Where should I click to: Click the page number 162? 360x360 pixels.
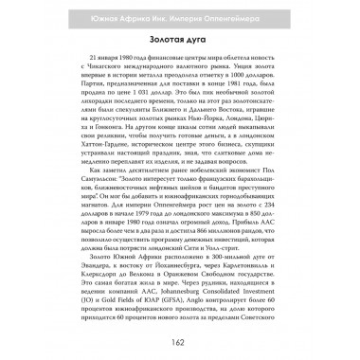coord(180,342)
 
